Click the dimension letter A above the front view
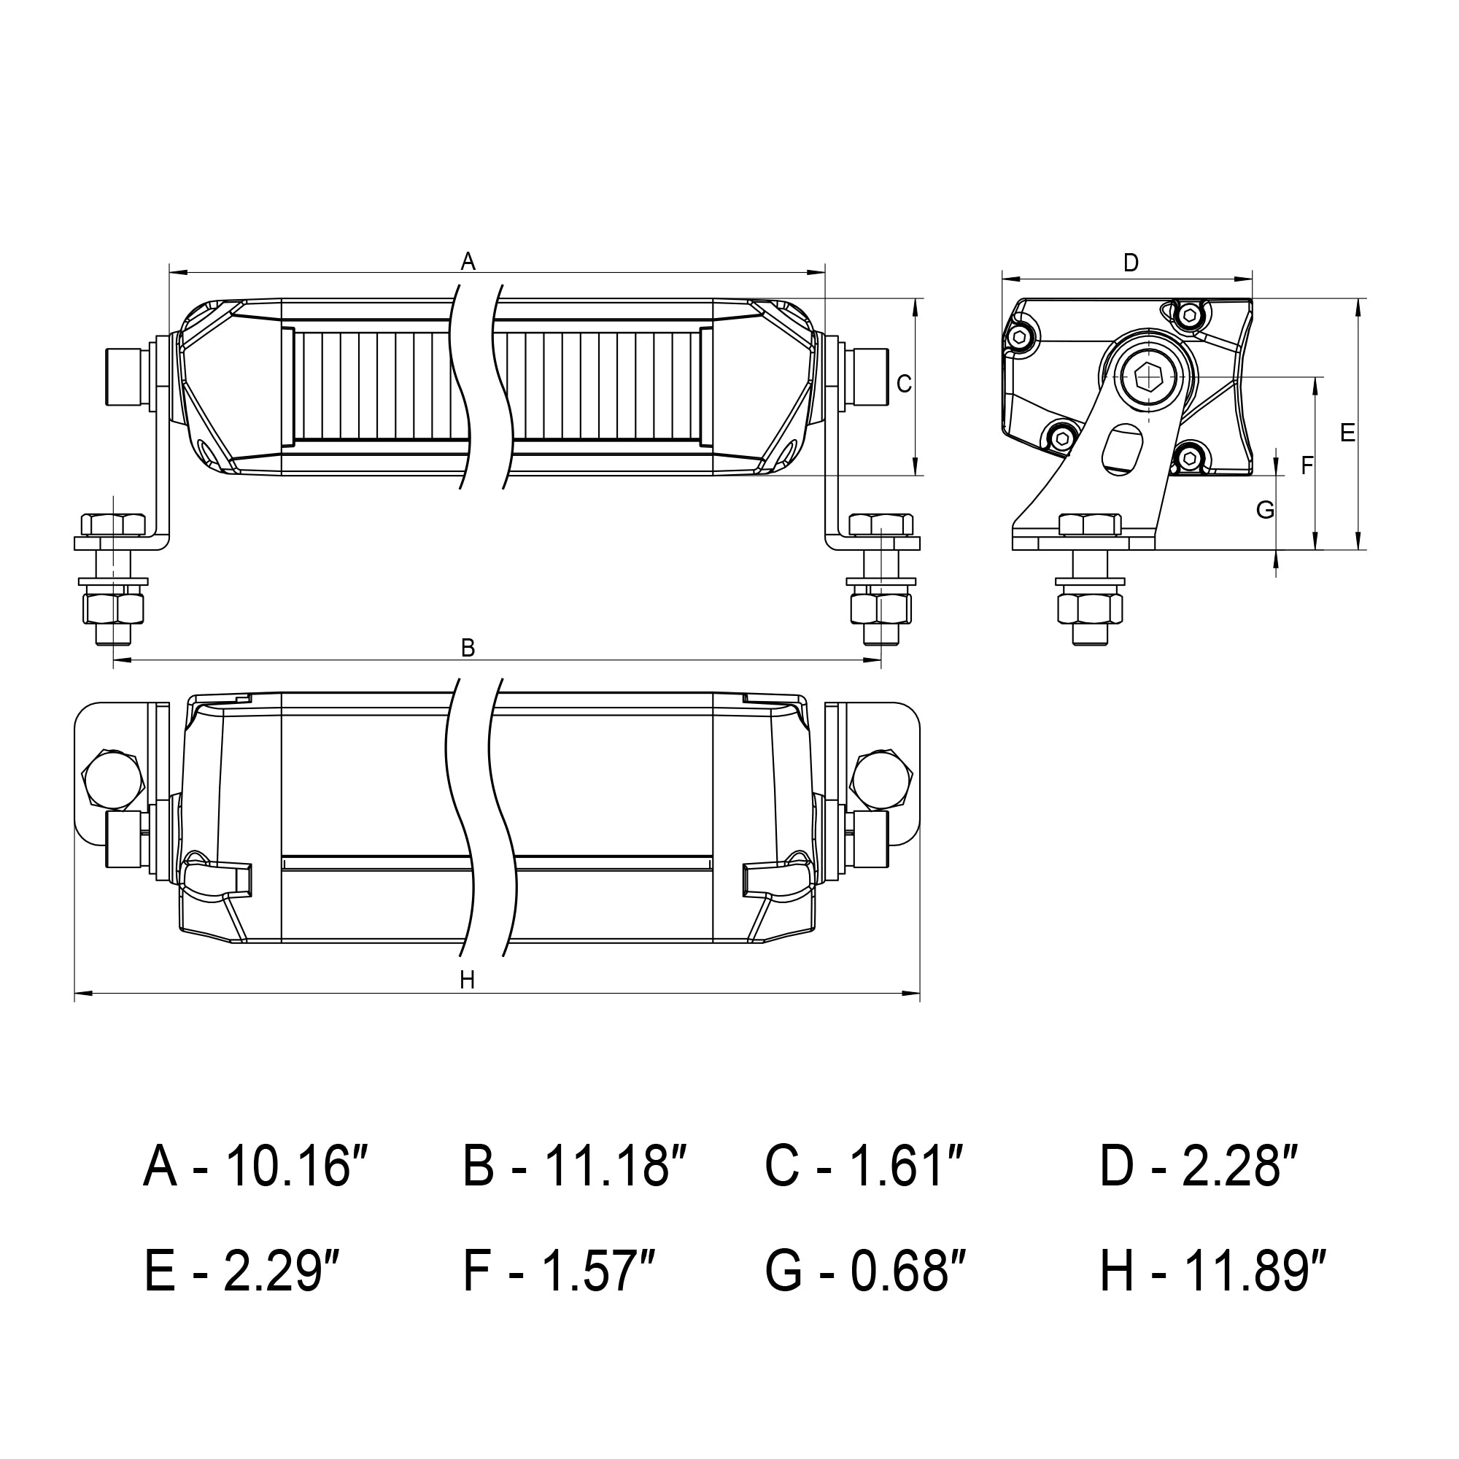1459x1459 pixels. point(468,261)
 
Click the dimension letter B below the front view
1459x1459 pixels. point(468,648)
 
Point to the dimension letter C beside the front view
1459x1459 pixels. point(904,384)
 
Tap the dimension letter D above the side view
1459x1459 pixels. point(1131,263)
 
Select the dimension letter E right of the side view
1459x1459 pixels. point(1347,433)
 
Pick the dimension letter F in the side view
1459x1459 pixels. point(1307,467)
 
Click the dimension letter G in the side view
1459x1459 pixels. point(1265,511)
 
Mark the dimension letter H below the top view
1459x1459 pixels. point(468,980)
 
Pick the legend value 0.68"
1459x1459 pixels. point(909,1271)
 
